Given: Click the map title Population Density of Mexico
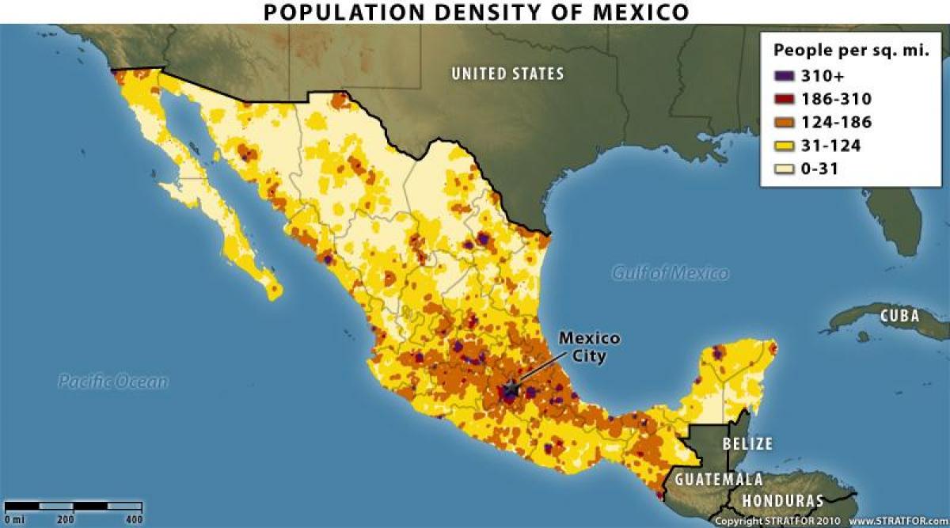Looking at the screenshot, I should [475, 12].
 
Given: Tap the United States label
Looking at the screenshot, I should [507, 74].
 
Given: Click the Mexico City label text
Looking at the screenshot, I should [590, 347].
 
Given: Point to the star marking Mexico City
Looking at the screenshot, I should [511, 388].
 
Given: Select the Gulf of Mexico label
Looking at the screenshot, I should [671, 273].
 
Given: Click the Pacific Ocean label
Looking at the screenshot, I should [113, 382].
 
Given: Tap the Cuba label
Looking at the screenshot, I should [899, 317].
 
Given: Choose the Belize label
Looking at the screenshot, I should [747, 443].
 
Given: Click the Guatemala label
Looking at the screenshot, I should [719, 479].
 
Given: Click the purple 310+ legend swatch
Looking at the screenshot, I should [785, 77].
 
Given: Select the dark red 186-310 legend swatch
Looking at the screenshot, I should [785, 100].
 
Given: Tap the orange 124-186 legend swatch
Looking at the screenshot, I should [785, 123].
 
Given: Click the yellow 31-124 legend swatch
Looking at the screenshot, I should [785, 146].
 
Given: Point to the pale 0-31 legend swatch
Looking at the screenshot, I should [785, 169].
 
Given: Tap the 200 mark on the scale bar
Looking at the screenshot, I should [66, 519].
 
